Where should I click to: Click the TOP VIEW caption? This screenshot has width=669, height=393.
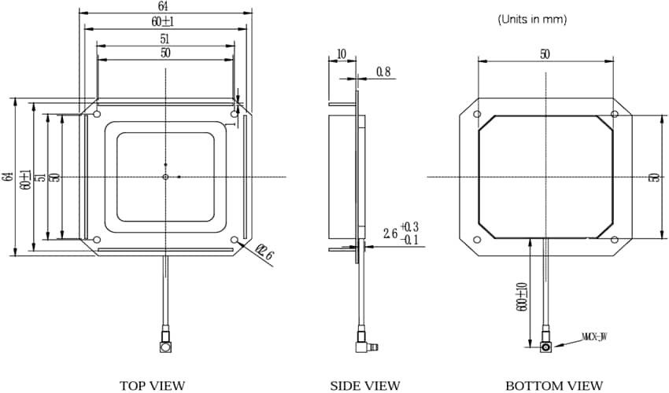coord(152,385)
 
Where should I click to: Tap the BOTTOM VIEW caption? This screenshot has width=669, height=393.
coord(554,385)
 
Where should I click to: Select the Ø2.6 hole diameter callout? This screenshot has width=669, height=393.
coord(265,254)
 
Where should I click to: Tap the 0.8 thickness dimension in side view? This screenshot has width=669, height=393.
coord(383,72)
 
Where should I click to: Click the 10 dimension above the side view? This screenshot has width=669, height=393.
coord(341,54)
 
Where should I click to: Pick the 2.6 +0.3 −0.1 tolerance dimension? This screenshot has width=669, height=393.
coord(401,233)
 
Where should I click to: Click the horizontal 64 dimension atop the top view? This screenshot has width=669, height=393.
coord(167,7)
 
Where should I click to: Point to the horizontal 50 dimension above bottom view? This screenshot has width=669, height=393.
coord(544,54)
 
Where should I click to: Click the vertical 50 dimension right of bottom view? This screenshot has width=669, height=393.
coord(653,178)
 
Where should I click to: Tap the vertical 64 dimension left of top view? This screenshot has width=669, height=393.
coord(8,177)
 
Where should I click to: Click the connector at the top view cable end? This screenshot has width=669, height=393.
coord(165,345)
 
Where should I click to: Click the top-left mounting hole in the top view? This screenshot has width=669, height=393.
coord(97,115)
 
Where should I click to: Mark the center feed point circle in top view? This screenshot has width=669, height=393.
coord(165,177)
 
